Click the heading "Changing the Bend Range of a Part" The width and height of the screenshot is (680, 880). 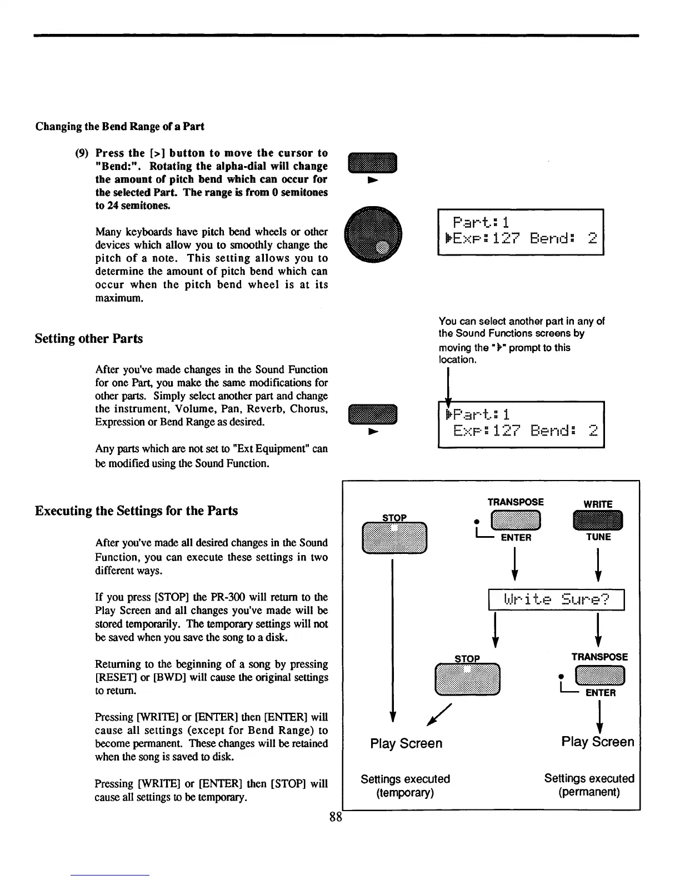[x=119, y=126]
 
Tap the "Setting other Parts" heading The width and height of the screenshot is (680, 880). [x=88, y=338]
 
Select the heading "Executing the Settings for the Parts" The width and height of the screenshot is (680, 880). [x=136, y=511]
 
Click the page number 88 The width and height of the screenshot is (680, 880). [x=335, y=817]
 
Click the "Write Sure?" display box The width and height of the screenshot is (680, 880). [x=556, y=600]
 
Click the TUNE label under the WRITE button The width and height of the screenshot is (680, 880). [x=598, y=537]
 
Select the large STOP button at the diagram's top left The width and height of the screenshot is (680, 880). [x=394, y=538]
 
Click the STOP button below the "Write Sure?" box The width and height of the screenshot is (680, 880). [x=468, y=679]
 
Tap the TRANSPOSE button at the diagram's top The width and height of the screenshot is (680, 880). [x=517, y=521]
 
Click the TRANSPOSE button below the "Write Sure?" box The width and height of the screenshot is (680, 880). [x=601, y=676]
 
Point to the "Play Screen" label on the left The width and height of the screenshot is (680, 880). [x=406, y=743]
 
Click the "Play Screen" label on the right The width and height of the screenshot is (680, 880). [x=597, y=742]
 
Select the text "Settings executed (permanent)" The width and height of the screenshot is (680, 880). [x=589, y=785]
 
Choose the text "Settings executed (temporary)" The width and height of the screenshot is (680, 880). [x=405, y=786]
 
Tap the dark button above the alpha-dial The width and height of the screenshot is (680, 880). [x=372, y=162]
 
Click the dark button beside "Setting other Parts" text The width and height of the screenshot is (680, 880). [x=373, y=416]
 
